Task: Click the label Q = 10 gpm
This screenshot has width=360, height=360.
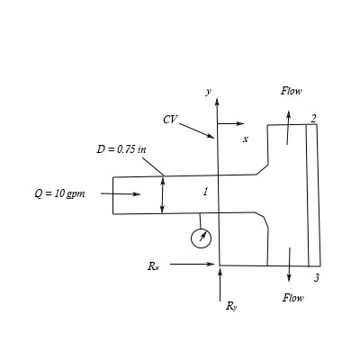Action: (x=59, y=194)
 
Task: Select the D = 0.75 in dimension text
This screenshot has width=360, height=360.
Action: (x=121, y=148)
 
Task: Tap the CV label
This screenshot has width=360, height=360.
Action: (x=170, y=119)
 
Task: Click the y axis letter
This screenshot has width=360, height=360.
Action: (x=208, y=92)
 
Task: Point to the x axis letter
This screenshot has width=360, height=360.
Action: (x=245, y=139)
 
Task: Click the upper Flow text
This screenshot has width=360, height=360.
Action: (x=292, y=91)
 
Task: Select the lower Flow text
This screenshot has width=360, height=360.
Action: (x=292, y=297)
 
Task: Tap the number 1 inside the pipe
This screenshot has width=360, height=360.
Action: (x=205, y=192)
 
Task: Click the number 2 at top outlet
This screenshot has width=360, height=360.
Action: (x=313, y=118)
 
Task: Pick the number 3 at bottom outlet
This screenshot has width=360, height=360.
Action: (x=316, y=278)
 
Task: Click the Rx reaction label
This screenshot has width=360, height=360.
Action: (x=153, y=266)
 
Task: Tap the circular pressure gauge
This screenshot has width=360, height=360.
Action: (x=202, y=238)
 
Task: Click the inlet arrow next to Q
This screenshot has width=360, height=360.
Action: (x=121, y=193)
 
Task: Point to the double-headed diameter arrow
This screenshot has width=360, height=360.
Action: (x=162, y=194)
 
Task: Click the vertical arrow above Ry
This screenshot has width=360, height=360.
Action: (x=220, y=285)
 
